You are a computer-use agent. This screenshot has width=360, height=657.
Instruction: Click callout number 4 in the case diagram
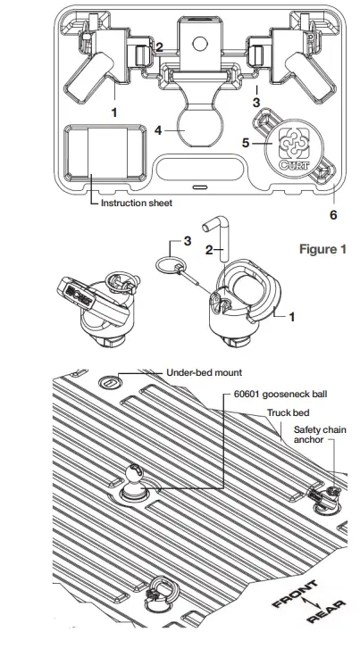pos(157,130)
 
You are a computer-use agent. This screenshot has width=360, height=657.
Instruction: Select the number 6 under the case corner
pos(334,214)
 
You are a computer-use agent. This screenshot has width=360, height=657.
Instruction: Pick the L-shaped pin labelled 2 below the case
pos(222,233)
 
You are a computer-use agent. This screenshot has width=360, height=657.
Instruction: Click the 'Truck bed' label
pos(287,414)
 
